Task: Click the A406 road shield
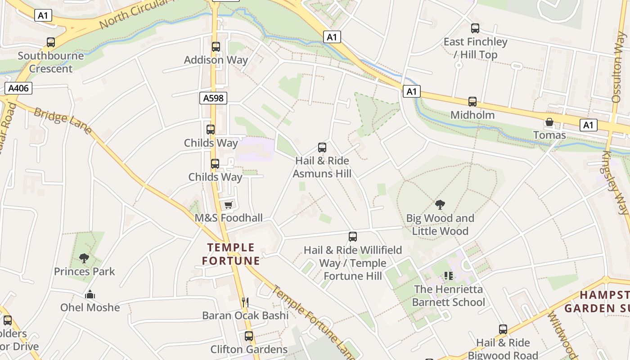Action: click(x=18, y=88)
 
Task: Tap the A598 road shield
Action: click(x=213, y=98)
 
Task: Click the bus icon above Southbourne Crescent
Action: click(x=51, y=42)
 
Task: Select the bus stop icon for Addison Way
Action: click(x=216, y=46)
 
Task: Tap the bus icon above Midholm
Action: click(x=472, y=102)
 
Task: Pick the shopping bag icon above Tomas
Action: click(x=549, y=122)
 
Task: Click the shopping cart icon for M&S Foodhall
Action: click(x=229, y=205)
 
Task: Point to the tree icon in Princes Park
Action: click(x=84, y=258)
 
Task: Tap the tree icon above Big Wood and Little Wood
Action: click(x=440, y=205)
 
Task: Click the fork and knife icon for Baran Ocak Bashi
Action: click(x=245, y=302)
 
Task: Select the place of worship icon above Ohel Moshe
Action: click(x=90, y=295)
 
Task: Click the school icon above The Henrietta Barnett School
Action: click(x=448, y=275)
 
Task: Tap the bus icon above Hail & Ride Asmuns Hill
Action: click(x=322, y=147)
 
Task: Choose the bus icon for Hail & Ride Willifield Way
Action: click(x=353, y=237)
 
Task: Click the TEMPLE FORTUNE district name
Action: click(x=231, y=254)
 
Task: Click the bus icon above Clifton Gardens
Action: click(x=249, y=336)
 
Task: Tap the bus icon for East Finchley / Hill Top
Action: click(x=475, y=29)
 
